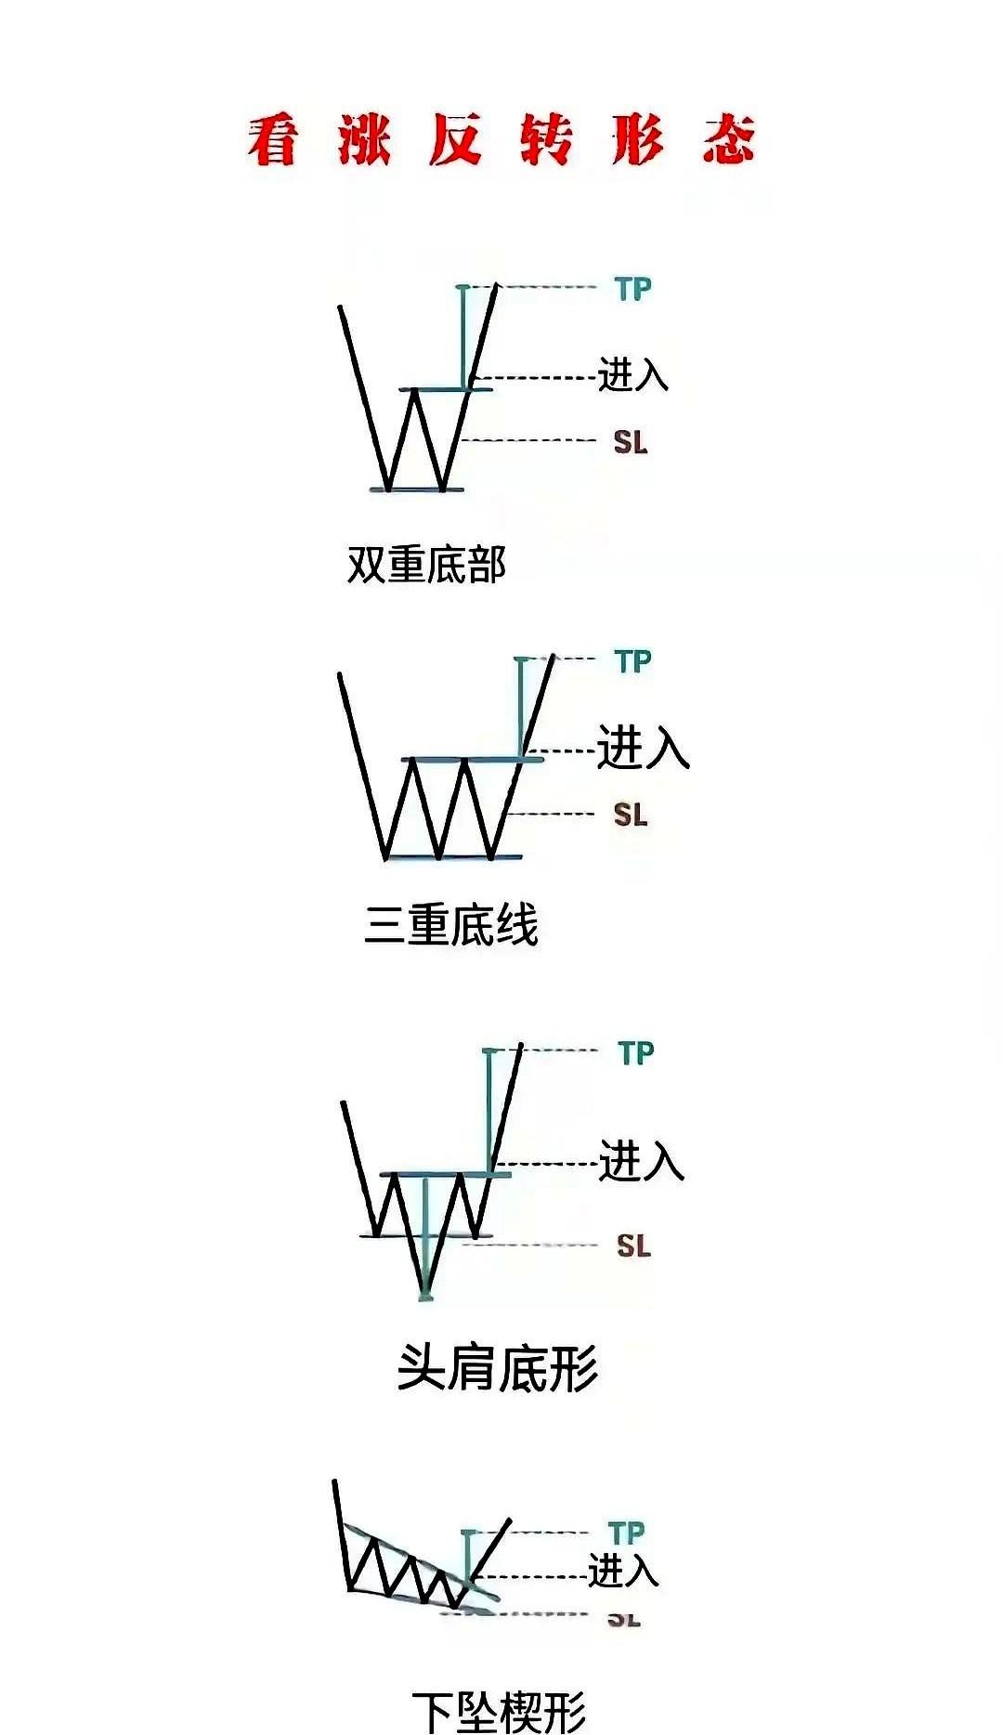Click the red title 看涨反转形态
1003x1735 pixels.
(x=501, y=141)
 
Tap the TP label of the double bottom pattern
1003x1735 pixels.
(x=633, y=289)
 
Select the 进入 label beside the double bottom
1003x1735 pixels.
(x=632, y=374)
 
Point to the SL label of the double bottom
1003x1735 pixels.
(x=630, y=442)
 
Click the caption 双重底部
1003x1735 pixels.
(x=426, y=564)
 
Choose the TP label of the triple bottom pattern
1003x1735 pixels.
(x=633, y=661)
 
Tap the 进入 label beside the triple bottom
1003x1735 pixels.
(x=643, y=748)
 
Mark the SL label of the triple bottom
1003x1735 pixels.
(x=630, y=815)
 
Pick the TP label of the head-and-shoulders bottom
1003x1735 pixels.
(x=636, y=1053)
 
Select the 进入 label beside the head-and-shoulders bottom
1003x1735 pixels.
(x=642, y=1161)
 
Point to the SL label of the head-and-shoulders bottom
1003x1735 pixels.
(x=633, y=1246)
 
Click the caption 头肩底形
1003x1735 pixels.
(x=498, y=1368)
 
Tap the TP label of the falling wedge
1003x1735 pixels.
(x=627, y=1533)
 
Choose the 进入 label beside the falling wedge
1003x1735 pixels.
(x=623, y=1571)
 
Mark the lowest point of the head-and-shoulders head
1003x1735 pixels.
(x=425, y=1295)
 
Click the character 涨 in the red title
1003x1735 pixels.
(x=364, y=141)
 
